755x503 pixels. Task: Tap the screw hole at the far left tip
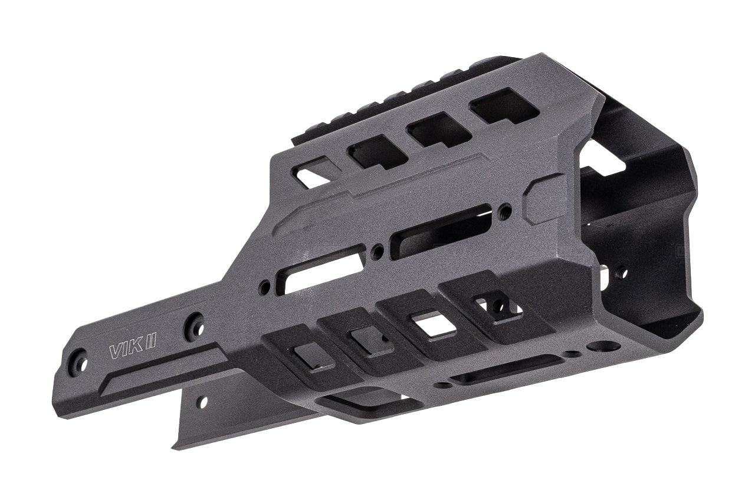click(x=78, y=361)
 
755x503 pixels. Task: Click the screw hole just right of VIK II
click(x=193, y=326)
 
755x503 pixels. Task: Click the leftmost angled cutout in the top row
click(x=313, y=172)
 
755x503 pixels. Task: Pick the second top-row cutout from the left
click(x=377, y=152)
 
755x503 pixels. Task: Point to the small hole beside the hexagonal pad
click(x=504, y=211)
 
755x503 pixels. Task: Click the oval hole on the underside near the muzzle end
click(x=603, y=346)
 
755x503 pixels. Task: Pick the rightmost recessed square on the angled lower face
click(x=494, y=305)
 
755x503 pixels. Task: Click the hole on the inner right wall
click(x=621, y=272)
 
